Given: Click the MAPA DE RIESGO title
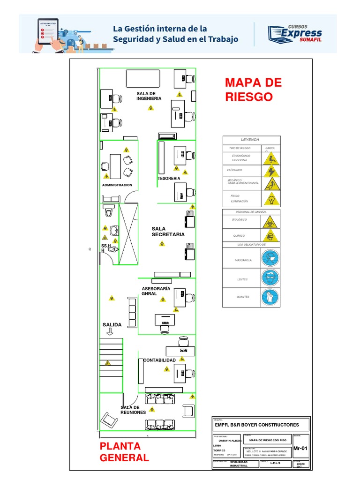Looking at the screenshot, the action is (253, 90).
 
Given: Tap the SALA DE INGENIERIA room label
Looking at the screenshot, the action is (149, 96).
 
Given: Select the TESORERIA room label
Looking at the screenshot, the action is (169, 179).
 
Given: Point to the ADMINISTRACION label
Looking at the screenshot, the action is (117, 185).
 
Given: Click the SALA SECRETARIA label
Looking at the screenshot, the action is (168, 232).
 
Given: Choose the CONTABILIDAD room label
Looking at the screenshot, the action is (159, 360).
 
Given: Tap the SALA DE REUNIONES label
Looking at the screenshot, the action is (133, 410).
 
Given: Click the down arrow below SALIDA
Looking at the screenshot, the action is (110, 332).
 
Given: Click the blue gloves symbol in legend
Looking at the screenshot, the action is (270, 296).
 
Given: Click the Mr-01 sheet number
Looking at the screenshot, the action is (300, 449).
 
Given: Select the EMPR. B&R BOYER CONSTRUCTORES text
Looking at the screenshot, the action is (256, 425).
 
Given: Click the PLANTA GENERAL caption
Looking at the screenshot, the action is (124, 452).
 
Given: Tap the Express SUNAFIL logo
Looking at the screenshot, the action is (295, 33).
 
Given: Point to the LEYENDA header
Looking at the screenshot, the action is (250, 139).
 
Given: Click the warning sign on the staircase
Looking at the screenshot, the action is (108, 362).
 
